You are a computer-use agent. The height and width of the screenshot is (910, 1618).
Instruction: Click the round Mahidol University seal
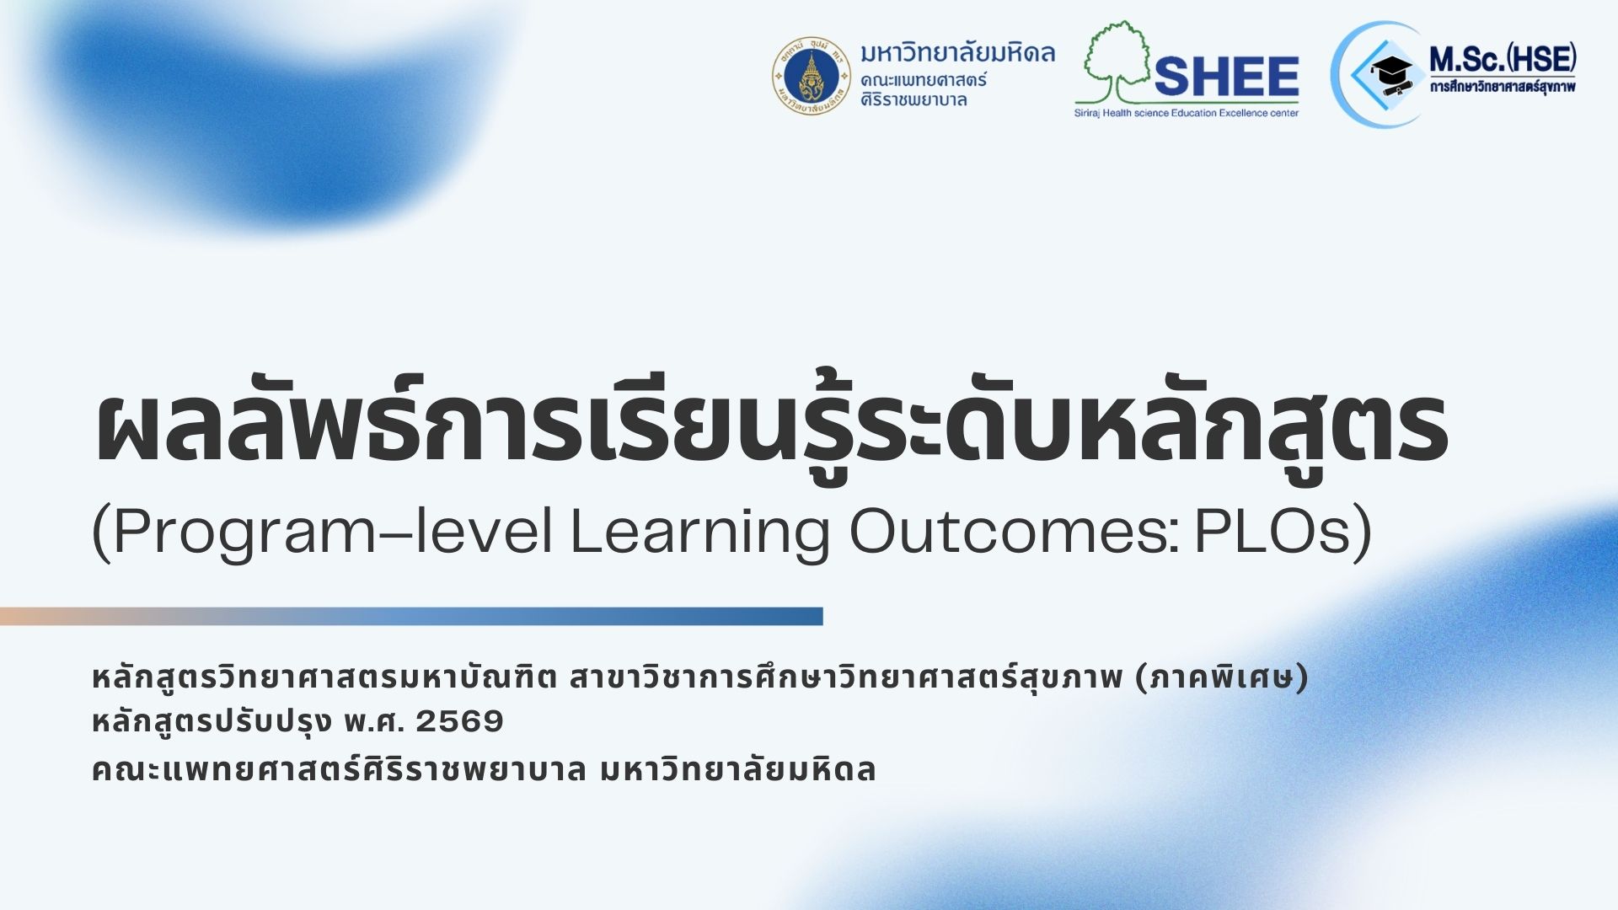point(812,76)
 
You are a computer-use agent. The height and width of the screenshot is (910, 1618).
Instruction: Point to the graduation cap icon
point(1391,74)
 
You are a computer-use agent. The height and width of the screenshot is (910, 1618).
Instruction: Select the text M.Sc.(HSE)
point(1503,60)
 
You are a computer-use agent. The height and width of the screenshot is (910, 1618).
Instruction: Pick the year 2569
point(459,721)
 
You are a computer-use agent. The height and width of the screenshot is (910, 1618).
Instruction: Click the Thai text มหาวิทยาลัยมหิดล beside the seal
point(957,53)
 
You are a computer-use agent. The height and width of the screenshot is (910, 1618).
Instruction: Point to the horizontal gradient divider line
point(411,616)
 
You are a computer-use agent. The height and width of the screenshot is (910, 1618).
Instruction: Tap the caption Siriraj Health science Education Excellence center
point(1187,113)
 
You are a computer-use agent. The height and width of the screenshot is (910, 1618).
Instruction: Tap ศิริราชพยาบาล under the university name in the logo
point(913,99)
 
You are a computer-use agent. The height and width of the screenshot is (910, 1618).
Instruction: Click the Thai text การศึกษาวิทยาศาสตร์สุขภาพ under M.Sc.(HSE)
point(1503,86)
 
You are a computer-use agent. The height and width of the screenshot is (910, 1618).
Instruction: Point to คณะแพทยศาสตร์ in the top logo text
point(924,80)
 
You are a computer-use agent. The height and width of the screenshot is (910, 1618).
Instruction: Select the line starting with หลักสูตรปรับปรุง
point(297,722)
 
